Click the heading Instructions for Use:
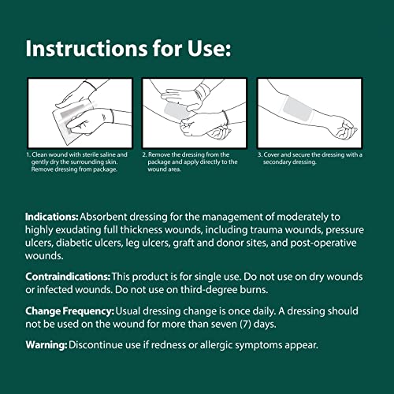click(128, 48)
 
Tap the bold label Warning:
click(46, 345)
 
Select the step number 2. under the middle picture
click(146, 155)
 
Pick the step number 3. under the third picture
click(262, 155)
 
